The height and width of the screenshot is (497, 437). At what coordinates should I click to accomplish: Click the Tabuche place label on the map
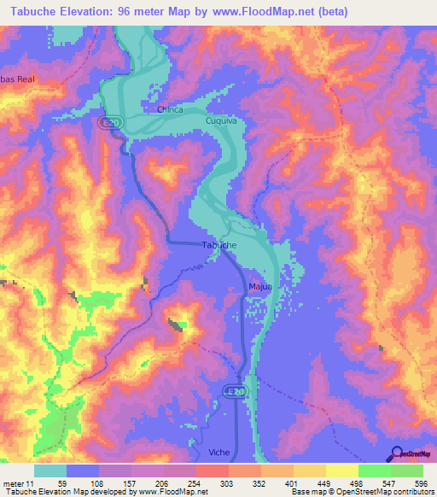218,245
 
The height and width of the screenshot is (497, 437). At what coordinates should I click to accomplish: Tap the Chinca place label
172,109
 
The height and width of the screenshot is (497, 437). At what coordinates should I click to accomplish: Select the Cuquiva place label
220,122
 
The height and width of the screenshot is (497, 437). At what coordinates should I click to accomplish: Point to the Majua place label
260,286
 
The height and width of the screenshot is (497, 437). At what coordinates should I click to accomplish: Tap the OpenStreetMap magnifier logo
396,454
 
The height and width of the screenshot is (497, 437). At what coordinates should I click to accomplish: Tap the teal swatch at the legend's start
50,471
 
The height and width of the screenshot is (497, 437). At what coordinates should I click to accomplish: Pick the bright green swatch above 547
375,471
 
